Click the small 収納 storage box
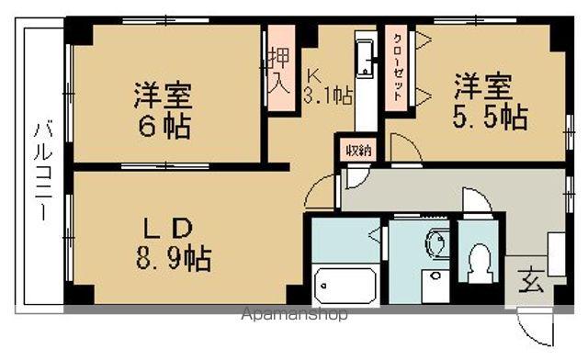tap(358, 150)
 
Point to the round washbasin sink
tap(436, 243)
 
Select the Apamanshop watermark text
tap(294, 315)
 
